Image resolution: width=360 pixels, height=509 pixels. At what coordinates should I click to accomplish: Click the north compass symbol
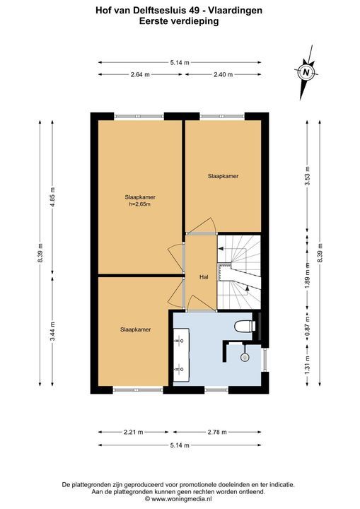[306, 72]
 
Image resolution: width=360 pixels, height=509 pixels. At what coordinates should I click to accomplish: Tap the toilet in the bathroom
[244, 326]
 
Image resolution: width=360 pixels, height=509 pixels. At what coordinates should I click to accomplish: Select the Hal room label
[204, 277]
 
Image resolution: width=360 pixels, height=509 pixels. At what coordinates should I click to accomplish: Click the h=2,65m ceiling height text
[140, 204]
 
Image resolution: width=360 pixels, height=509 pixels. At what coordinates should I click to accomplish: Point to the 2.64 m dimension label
[140, 74]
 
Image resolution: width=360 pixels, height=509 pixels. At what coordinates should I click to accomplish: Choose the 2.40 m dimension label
[223, 74]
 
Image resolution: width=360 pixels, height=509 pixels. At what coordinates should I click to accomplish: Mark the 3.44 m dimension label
[52, 331]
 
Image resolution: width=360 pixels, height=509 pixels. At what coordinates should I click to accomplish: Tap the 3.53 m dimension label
[308, 176]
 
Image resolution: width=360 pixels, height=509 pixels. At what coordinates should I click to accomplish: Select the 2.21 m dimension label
[133, 432]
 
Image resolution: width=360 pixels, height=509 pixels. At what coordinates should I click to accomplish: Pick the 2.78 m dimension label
[217, 432]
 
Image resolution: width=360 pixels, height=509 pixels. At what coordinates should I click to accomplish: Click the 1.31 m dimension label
[308, 365]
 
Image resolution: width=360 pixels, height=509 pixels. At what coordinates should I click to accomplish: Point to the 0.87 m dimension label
[308, 326]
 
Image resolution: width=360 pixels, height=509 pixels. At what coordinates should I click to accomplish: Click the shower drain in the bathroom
[245, 358]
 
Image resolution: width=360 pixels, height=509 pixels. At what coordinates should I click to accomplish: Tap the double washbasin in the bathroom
[181, 354]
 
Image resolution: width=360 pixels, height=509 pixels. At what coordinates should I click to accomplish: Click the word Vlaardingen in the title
[236, 11]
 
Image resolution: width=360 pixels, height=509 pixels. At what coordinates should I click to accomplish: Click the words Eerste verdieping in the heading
[179, 21]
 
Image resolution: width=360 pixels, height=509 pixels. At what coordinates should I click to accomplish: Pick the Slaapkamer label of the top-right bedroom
[223, 176]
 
